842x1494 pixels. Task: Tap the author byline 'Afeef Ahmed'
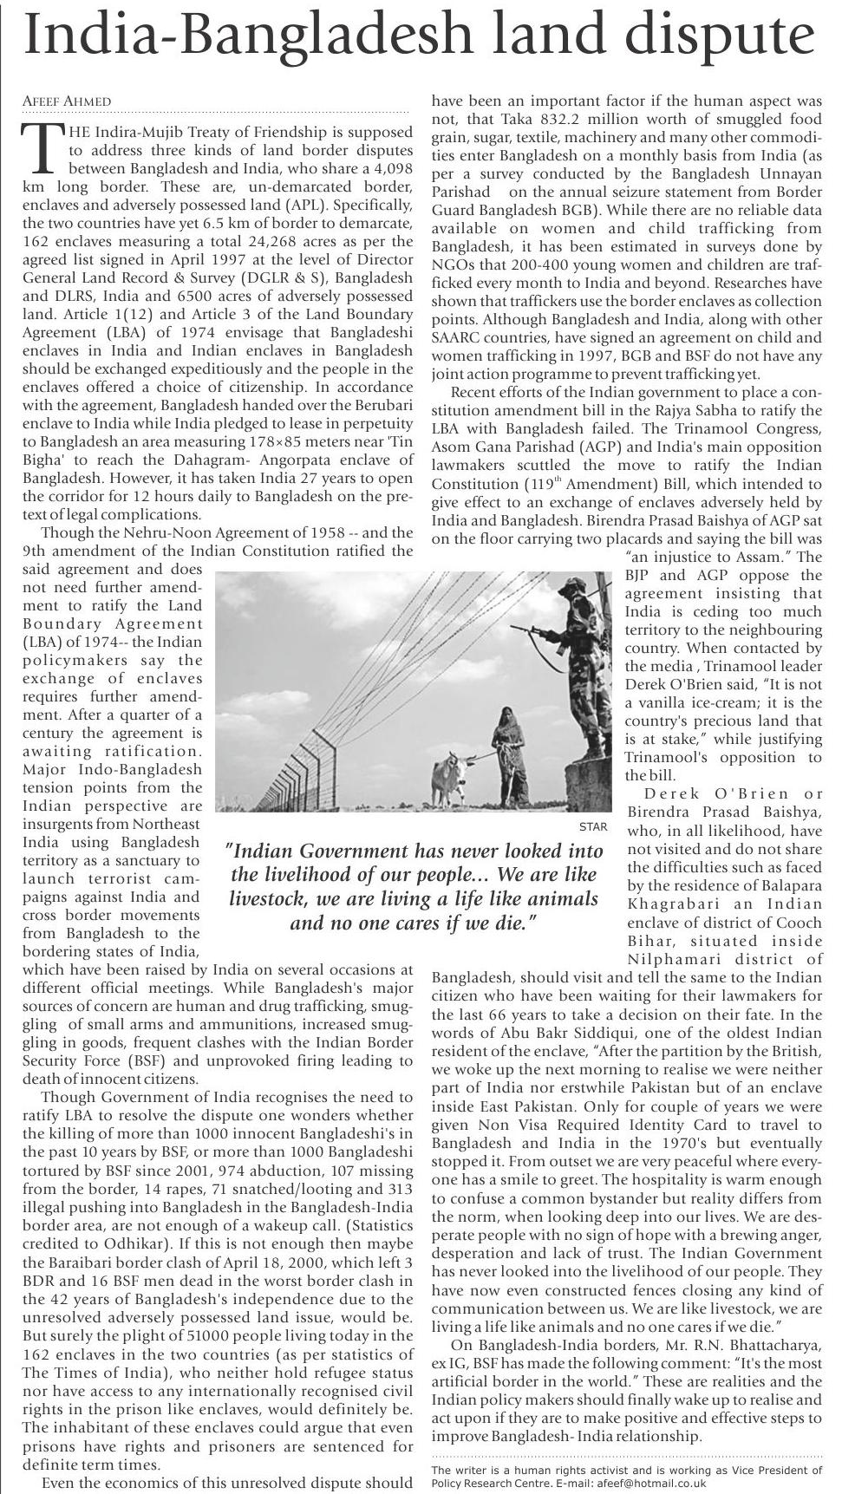pos(66,101)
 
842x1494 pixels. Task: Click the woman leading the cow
pos(508,749)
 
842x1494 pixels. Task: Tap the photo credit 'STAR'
pos(592,827)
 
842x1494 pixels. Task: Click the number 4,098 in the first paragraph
pos(386,168)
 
